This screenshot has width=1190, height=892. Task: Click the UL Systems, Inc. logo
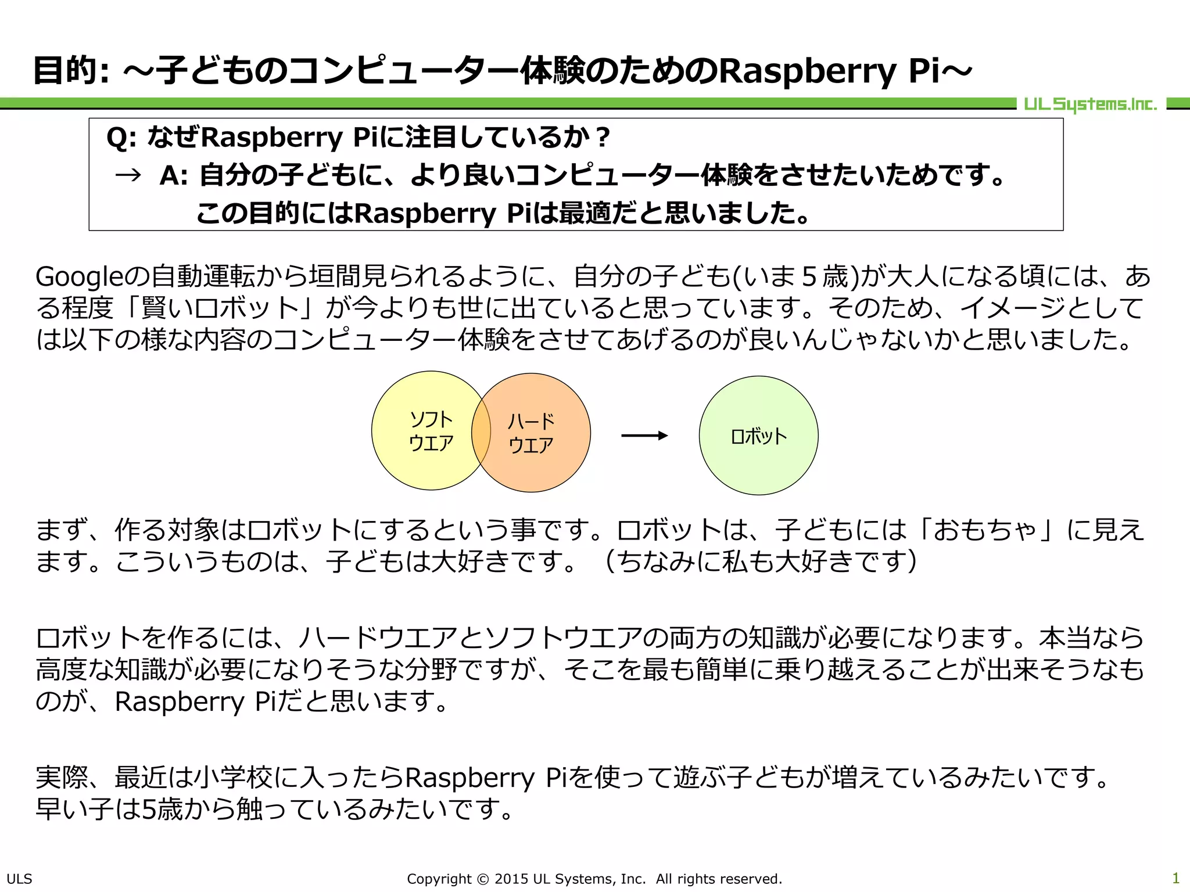[1090, 105]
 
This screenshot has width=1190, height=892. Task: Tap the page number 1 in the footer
[1175, 877]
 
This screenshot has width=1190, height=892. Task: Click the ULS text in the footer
[19, 879]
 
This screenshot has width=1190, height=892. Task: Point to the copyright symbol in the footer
[483, 879]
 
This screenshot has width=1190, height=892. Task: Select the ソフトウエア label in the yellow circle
[431, 431]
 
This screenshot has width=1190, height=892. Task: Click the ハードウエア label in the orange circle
[531, 433]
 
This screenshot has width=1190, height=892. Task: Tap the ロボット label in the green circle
[758, 436]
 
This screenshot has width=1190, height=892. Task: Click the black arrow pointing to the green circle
[644, 436]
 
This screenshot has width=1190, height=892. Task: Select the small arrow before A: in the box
[128, 175]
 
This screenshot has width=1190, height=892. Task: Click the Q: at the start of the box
[121, 138]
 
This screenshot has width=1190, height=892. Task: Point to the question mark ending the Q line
[603, 138]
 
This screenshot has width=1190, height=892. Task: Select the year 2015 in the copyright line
[511, 879]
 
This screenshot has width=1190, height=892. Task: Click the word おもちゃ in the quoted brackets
[985, 530]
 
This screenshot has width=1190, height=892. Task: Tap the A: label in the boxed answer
[173, 175]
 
